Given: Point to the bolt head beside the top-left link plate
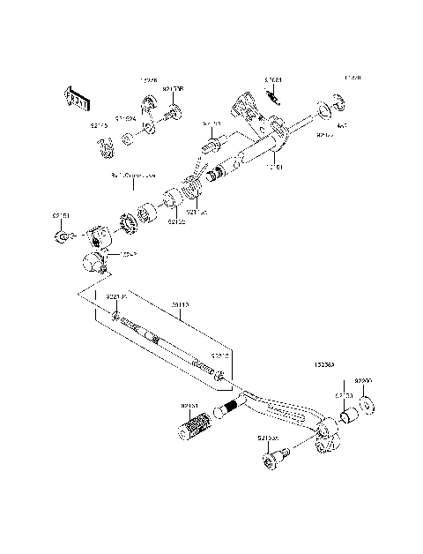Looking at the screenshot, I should point(174,112).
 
